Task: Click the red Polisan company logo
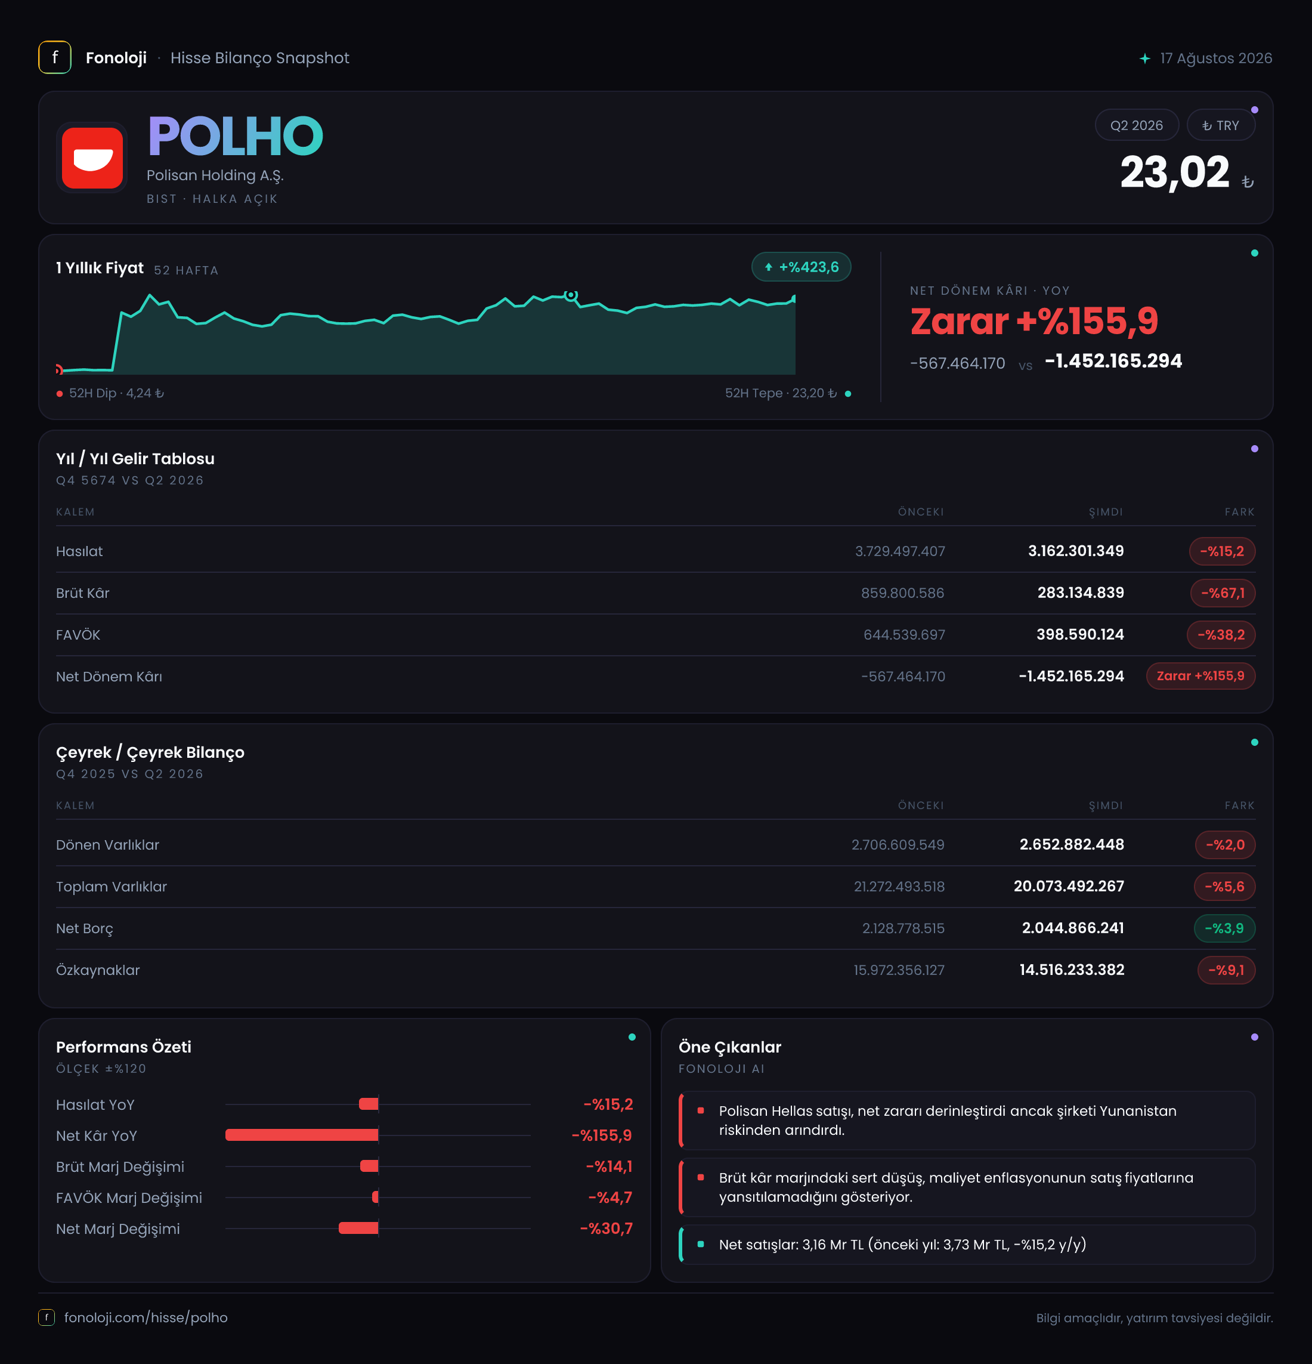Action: (x=92, y=158)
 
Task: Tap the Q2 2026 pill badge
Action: (x=1136, y=125)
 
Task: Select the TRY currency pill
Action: (x=1220, y=125)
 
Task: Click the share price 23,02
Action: (x=1174, y=172)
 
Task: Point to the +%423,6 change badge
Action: (x=801, y=267)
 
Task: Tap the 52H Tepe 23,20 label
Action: (x=781, y=393)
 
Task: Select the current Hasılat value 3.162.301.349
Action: (x=1075, y=551)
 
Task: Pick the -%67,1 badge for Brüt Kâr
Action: (x=1223, y=593)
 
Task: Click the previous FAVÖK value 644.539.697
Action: (x=903, y=635)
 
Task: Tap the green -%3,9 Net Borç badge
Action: (x=1224, y=928)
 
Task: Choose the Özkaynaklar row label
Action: (x=98, y=970)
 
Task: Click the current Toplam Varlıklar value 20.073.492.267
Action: (x=1069, y=887)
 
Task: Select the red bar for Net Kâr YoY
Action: (x=301, y=1135)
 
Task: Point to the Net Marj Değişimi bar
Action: (x=358, y=1229)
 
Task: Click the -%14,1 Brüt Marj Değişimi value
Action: (x=609, y=1167)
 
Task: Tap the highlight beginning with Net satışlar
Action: (x=902, y=1244)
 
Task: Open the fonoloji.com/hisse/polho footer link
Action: (x=146, y=1317)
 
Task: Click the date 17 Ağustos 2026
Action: (x=1215, y=58)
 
